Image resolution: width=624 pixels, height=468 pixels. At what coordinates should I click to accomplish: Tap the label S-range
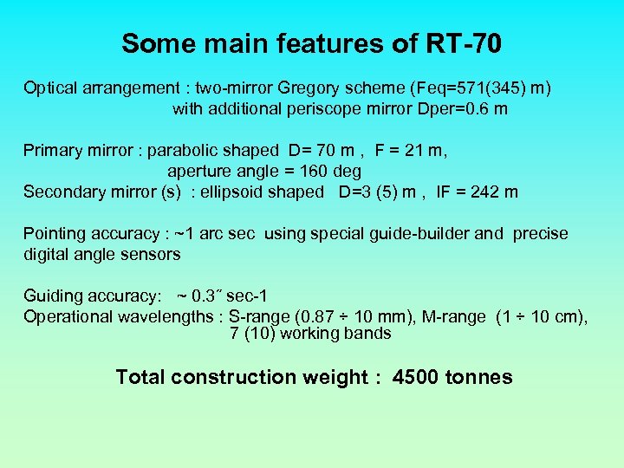(x=260, y=317)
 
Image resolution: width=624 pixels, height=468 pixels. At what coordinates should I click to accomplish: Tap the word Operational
(x=67, y=317)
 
